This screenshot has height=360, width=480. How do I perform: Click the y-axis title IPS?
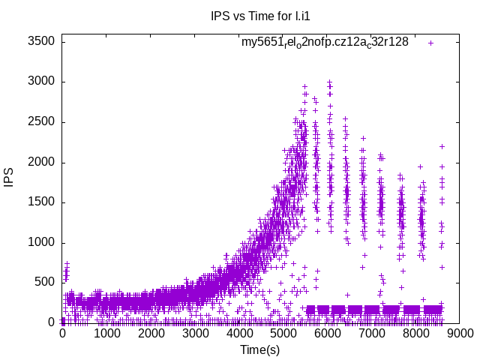click(x=10, y=178)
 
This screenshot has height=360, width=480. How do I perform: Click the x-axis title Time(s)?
click(x=259, y=349)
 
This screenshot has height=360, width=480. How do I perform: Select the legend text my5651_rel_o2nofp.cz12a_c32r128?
click(x=325, y=42)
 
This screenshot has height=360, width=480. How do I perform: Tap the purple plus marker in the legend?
click(x=431, y=42)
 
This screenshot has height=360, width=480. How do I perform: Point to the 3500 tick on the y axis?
click(x=40, y=41)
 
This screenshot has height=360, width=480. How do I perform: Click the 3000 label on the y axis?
click(x=40, y=82)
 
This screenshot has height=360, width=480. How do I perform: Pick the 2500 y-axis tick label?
click(x=40, y=121)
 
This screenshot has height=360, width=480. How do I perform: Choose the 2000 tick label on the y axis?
click(x=40, y=162)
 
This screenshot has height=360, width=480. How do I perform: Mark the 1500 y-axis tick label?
click(x=40, y=202)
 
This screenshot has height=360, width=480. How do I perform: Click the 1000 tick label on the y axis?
click(x=40, y=242)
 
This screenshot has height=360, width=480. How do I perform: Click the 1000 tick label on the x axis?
click(x=106, y=334)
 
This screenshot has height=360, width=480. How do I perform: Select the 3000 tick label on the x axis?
click(x=196, y=334)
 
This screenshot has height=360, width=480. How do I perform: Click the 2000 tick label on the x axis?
click(x=151, y=334)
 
